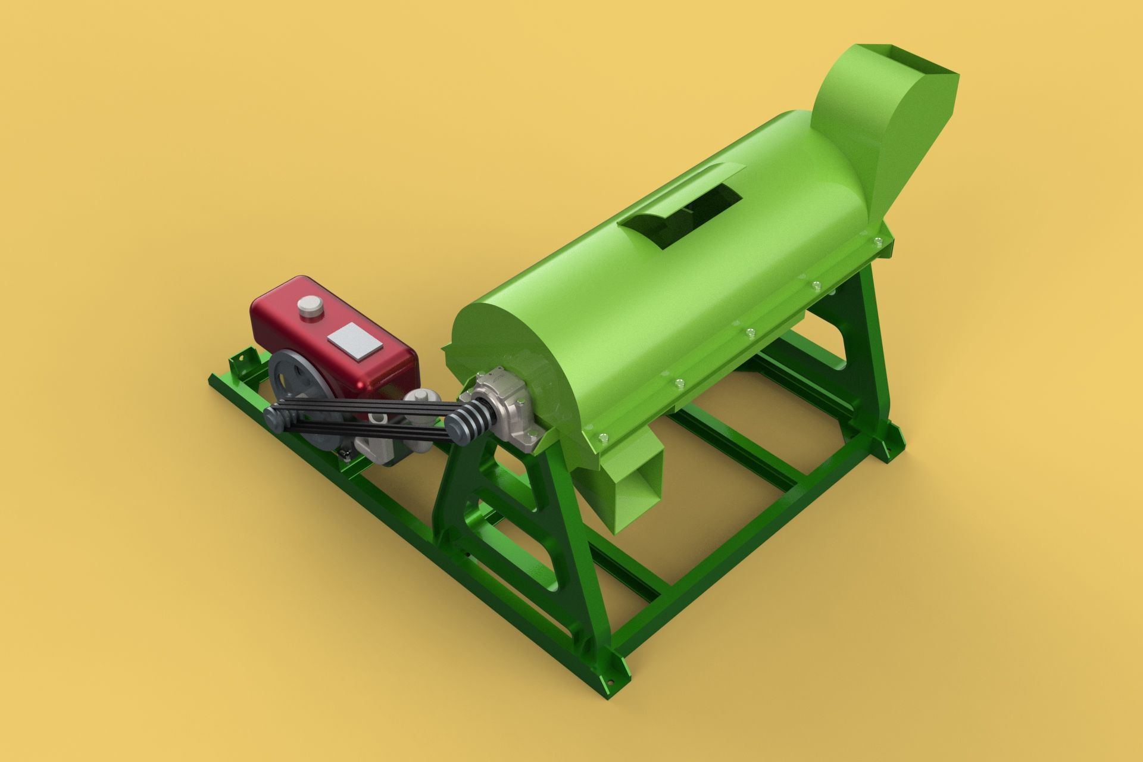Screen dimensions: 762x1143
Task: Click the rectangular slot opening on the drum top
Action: tap(702, 208)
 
